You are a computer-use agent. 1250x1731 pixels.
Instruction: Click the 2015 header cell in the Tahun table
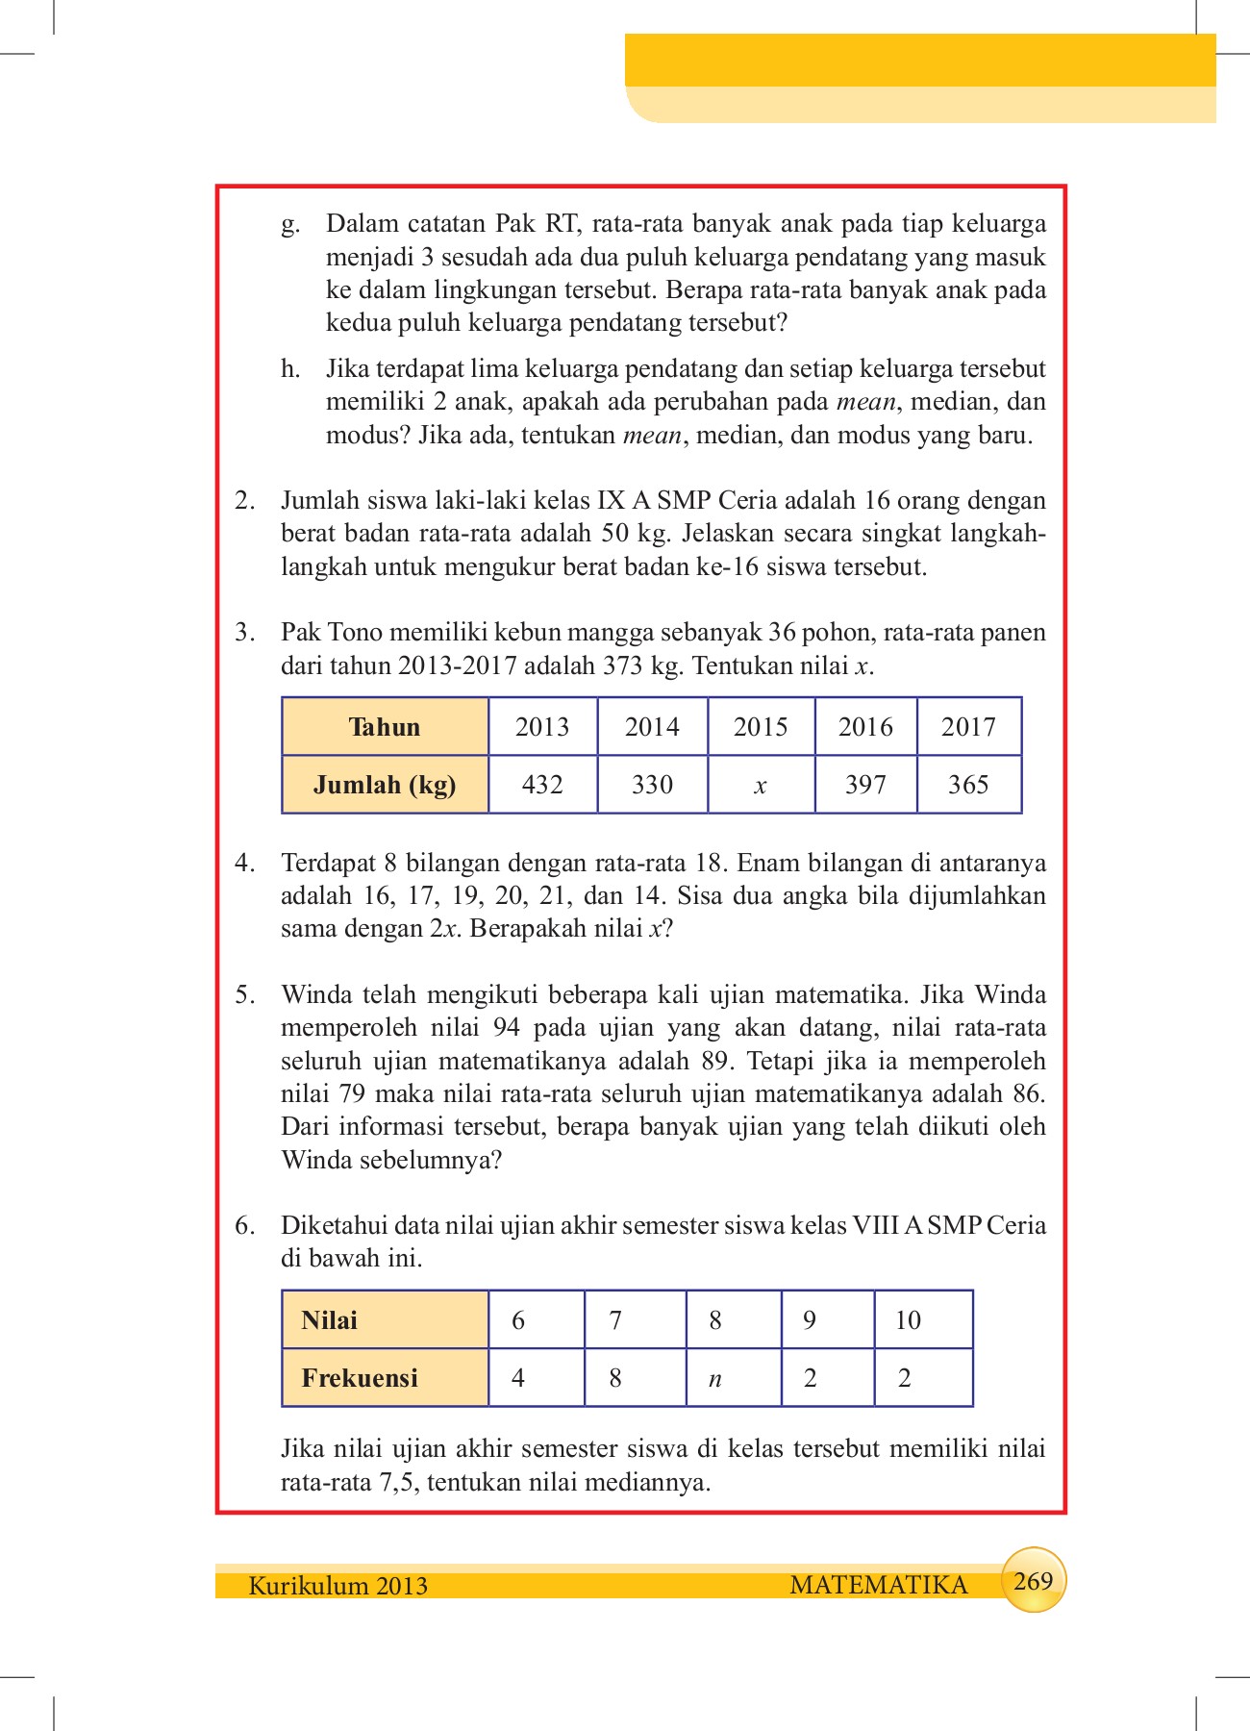(x=761, y=727)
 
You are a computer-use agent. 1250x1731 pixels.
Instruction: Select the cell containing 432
(x=542, y=785)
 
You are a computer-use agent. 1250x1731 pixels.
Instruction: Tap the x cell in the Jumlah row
(x=761, y=786)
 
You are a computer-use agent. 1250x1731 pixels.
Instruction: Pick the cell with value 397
(x=865, y=785)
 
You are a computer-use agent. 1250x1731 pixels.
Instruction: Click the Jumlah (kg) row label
(x=385, y=785)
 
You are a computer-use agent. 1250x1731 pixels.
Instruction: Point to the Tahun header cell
(x=385, y=727)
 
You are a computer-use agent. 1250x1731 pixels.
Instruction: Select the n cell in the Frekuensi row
(x=733, y=1378)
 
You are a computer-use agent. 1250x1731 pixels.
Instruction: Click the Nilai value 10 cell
(x=923, y=1319)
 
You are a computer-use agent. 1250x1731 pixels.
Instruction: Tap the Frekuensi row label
(x=385, y=1378)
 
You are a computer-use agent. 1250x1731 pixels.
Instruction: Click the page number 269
(x=1034, y=1580)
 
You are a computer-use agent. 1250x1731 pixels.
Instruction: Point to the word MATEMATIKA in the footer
(x=878, y=1585)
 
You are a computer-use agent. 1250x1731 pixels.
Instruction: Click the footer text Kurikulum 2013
(x=337, y=1585)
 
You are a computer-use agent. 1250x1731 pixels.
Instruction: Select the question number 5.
(x=244, y=994)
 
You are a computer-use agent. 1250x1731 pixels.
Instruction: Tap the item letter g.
(x=289, y=224)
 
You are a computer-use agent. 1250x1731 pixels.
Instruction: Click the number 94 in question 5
(x=507, y=1028)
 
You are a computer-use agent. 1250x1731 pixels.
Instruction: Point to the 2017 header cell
(x=968, y=727)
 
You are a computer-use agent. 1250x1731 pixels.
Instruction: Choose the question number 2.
(x=244, y=500)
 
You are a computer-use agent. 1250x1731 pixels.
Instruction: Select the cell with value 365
(x=968, y=785)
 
